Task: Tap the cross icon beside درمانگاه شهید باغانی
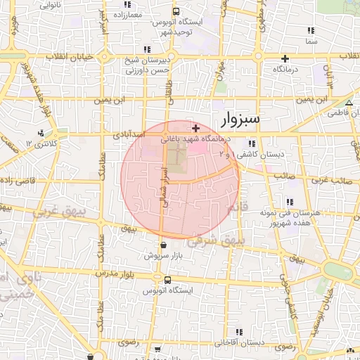(x=195, y=128)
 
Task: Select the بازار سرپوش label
(x=164, y=256)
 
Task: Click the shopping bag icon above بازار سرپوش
(x=164, y=245)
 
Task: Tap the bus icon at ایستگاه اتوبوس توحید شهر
(x=176, y=11)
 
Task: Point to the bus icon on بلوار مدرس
(x=167, y=280)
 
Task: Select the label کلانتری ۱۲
(x=40, y=143)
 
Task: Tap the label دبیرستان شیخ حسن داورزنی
(x=149, y=65)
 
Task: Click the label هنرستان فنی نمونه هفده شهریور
(x=285, y=217)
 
